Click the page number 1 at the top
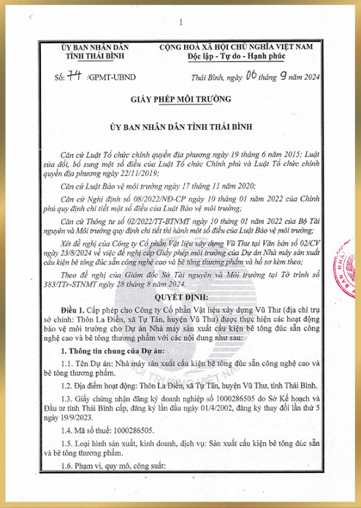tap(180, 10)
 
